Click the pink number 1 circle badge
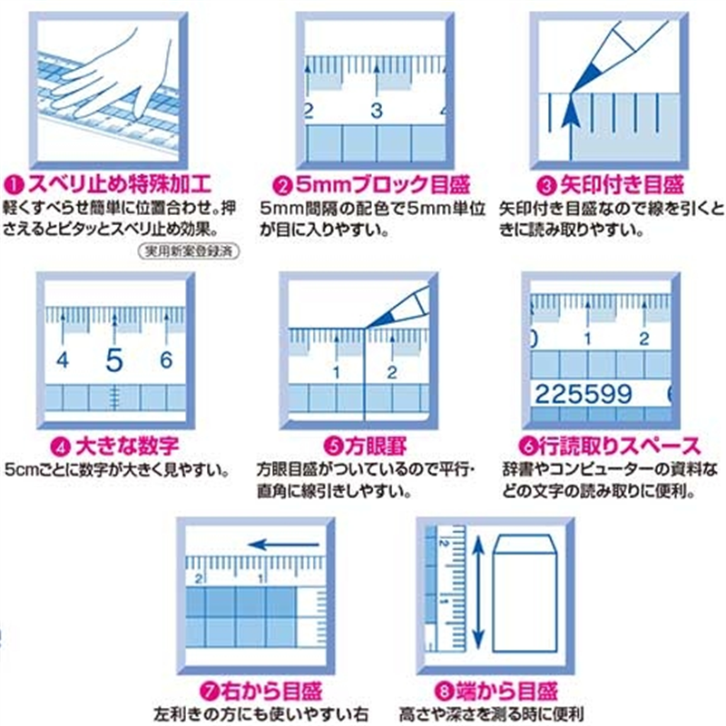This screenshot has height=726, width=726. (x=14, y=186)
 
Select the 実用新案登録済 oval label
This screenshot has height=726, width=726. (x=189, y=251)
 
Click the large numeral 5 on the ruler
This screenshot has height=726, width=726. (x=114, y=359)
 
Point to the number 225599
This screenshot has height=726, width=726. (x=584, y=394)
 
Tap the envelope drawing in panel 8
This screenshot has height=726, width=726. (x=525, y=594)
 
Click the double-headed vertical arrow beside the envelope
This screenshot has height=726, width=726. (x=478, y=592)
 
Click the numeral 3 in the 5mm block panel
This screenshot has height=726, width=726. (x=377, y=111)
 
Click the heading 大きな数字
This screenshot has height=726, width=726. (x=127, y=446)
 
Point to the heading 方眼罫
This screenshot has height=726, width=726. (x=376, y=446)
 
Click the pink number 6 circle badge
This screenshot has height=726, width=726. (x=527, y=446)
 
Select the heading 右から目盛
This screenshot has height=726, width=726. (x=270, y=692)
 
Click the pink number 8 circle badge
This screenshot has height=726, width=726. (x=444, y=692)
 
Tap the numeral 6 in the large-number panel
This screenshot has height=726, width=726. (x=166, y=359)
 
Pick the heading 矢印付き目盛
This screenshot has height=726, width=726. (x=622, y=185)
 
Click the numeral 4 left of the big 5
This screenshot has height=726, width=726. (x=63, y=359)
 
